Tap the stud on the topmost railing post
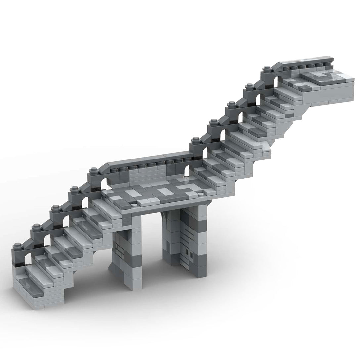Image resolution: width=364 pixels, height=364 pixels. tap(266, 69)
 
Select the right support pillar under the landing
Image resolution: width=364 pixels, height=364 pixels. tap(185, 245)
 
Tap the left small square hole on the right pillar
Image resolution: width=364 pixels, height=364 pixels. tap(187, 253)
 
